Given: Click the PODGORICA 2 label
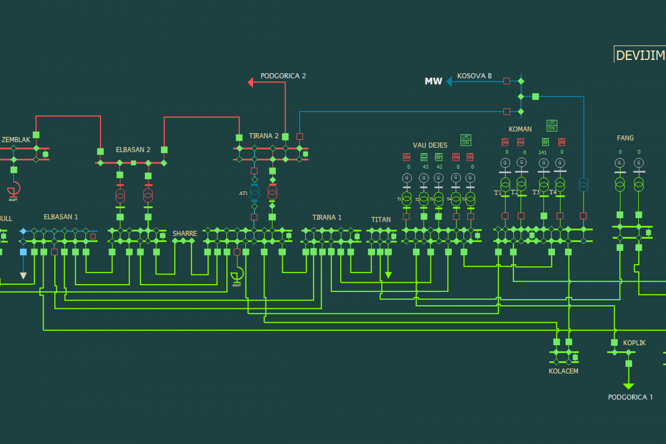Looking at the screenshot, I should pos(283,76).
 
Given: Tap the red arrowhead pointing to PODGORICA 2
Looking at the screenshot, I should pos(251,82).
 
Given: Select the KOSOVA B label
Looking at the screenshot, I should pos(474,76).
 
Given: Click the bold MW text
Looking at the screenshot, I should pos(433,81).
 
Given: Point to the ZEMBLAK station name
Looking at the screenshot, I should pos(16,139).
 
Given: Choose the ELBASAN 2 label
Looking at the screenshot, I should pos(133,150).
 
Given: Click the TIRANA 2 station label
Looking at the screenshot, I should pos(264,136).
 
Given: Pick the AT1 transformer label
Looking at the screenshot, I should pos(243,193).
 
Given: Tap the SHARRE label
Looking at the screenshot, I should pos(184,234).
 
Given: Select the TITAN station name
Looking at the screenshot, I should pos(381,220).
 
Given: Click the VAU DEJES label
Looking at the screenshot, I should pos(430,145).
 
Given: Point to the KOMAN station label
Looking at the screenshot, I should pos(520,129).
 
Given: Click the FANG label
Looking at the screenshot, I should pos(625,138).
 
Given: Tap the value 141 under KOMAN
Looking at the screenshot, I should pos(543,152).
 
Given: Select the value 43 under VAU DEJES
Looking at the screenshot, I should pos(425,167).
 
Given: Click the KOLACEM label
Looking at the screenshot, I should pos(563,371).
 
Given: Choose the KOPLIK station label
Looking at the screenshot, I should pos(634,343).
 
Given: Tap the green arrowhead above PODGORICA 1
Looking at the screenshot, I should pos(629,386).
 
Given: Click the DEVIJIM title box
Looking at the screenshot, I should pos(640,55).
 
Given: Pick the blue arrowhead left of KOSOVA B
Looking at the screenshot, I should pos(448,81).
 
